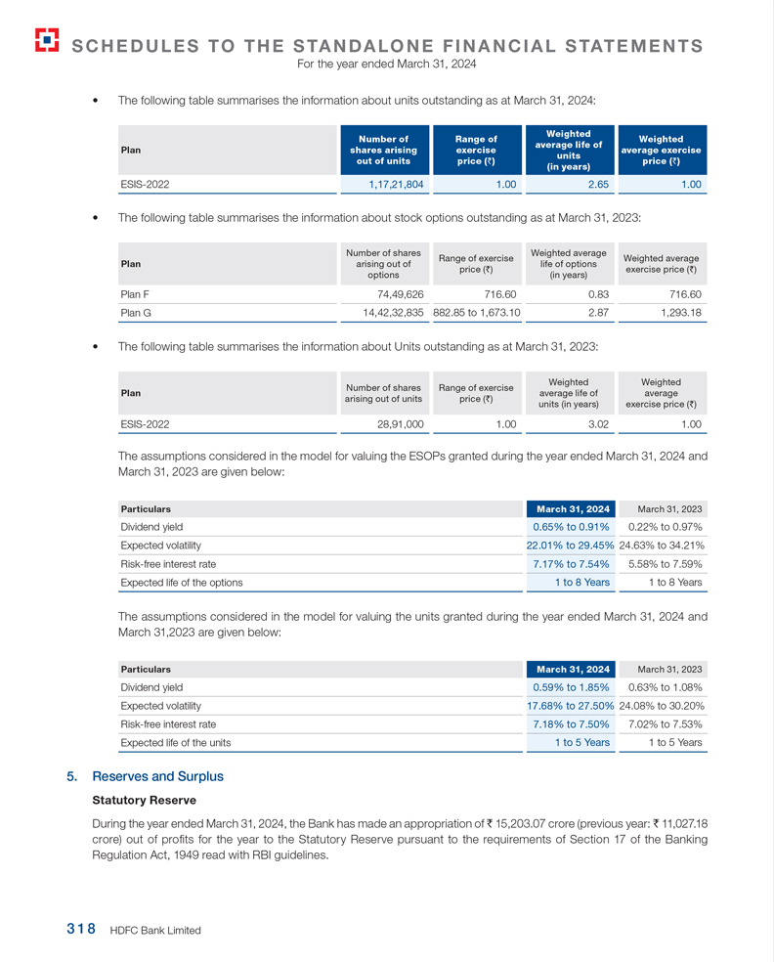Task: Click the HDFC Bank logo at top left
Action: coord(45,39)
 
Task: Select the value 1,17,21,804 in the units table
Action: coord(396,183)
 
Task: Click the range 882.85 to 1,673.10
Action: coord(477,313)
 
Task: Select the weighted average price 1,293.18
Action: coord(674,313)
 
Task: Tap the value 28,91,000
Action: coord(400,424)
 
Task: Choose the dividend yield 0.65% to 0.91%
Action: coord(571,527)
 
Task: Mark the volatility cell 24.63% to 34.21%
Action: coord(663,546)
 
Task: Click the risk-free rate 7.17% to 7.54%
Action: coord(571,564)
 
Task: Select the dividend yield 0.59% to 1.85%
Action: coord(571,686)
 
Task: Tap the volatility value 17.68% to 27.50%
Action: coord(570,705)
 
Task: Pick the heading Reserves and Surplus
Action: coord(157,776)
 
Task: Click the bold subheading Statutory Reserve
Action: coord(144,801)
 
